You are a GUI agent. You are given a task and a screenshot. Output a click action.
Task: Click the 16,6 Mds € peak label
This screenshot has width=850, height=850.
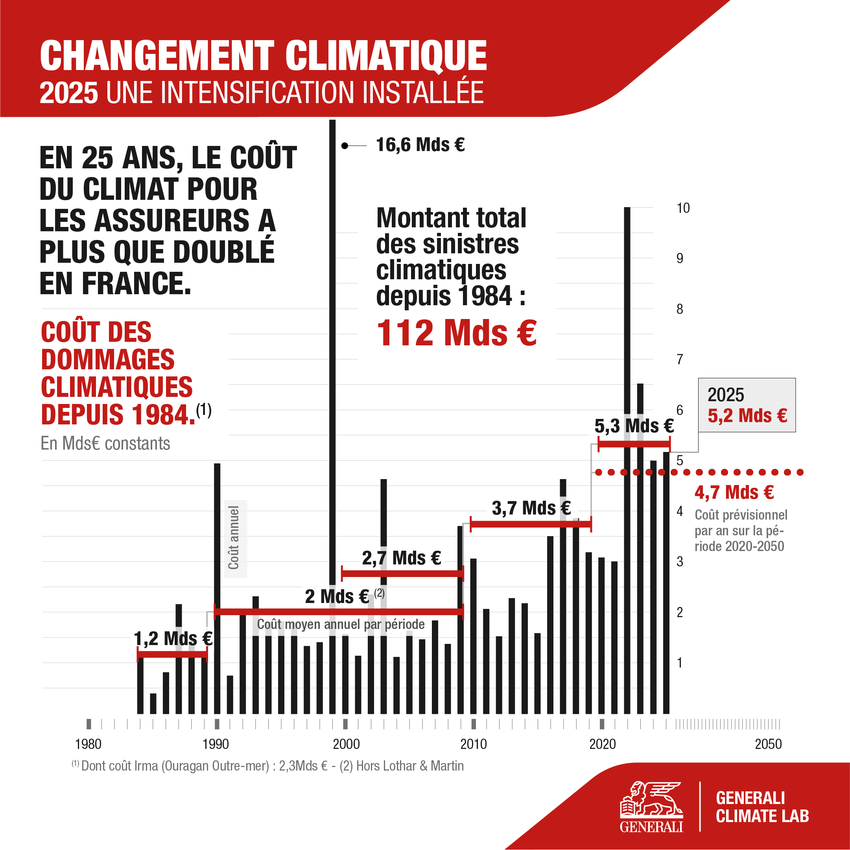[420, 145]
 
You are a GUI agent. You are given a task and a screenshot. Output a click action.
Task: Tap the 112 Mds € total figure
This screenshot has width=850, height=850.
[456, 333]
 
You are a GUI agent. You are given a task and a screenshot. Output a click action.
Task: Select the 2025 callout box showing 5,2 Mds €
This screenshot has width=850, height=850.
[747, 405]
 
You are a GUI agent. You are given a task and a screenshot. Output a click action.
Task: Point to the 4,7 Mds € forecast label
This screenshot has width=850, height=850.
[734, 492]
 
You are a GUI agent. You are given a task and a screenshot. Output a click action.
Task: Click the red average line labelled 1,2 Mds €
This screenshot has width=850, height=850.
[172, 655]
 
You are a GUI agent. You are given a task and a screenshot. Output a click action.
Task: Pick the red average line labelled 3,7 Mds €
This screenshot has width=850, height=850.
[530, 524]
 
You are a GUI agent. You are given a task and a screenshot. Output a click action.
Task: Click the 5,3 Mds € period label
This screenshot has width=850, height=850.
[634, 426]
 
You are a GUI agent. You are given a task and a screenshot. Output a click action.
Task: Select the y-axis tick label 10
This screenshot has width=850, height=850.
[683, 208]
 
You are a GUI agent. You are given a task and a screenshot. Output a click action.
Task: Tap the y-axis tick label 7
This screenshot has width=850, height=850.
[680, 360]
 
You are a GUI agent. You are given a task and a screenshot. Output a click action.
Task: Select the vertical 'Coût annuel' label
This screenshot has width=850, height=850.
[234, 538]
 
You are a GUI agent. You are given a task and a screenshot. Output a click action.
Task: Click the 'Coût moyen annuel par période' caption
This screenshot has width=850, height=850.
[341, 624]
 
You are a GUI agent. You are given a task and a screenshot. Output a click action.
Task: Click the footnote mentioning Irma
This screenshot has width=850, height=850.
[267, 766]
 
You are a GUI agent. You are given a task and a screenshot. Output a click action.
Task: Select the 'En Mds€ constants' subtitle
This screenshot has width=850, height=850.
[105, 443]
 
